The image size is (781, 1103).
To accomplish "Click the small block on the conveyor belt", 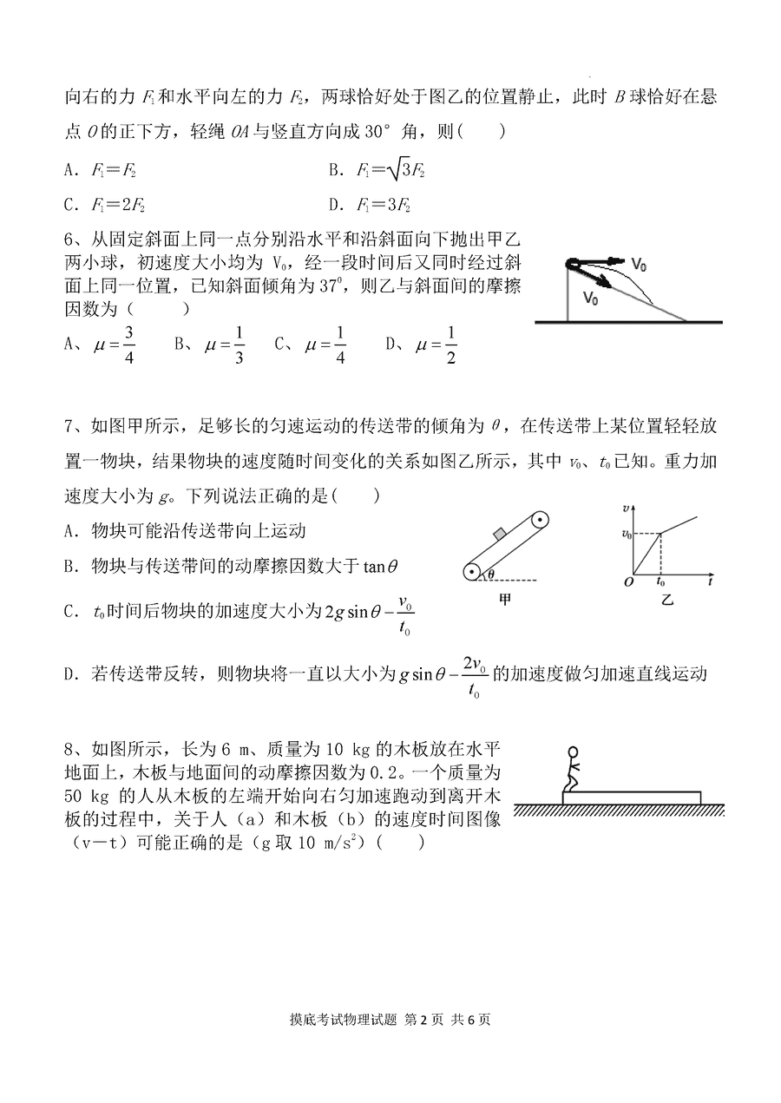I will point(499,533).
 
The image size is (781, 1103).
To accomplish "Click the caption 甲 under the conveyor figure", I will point(506,600).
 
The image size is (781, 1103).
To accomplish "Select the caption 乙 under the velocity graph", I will point(666,600).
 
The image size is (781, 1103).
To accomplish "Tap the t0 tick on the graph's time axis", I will point(662,582).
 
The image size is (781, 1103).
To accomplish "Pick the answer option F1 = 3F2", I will point(384,206).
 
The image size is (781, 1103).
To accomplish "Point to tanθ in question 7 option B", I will point(382,566).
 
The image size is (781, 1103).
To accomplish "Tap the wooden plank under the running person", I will point(632,797).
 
